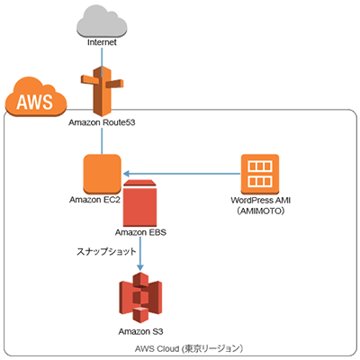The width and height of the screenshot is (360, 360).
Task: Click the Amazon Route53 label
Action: tap(101, 121)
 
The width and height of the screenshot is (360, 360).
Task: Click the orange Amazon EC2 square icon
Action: tap(101, 174)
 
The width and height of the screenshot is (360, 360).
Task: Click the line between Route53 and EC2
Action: tap(101, 139)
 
